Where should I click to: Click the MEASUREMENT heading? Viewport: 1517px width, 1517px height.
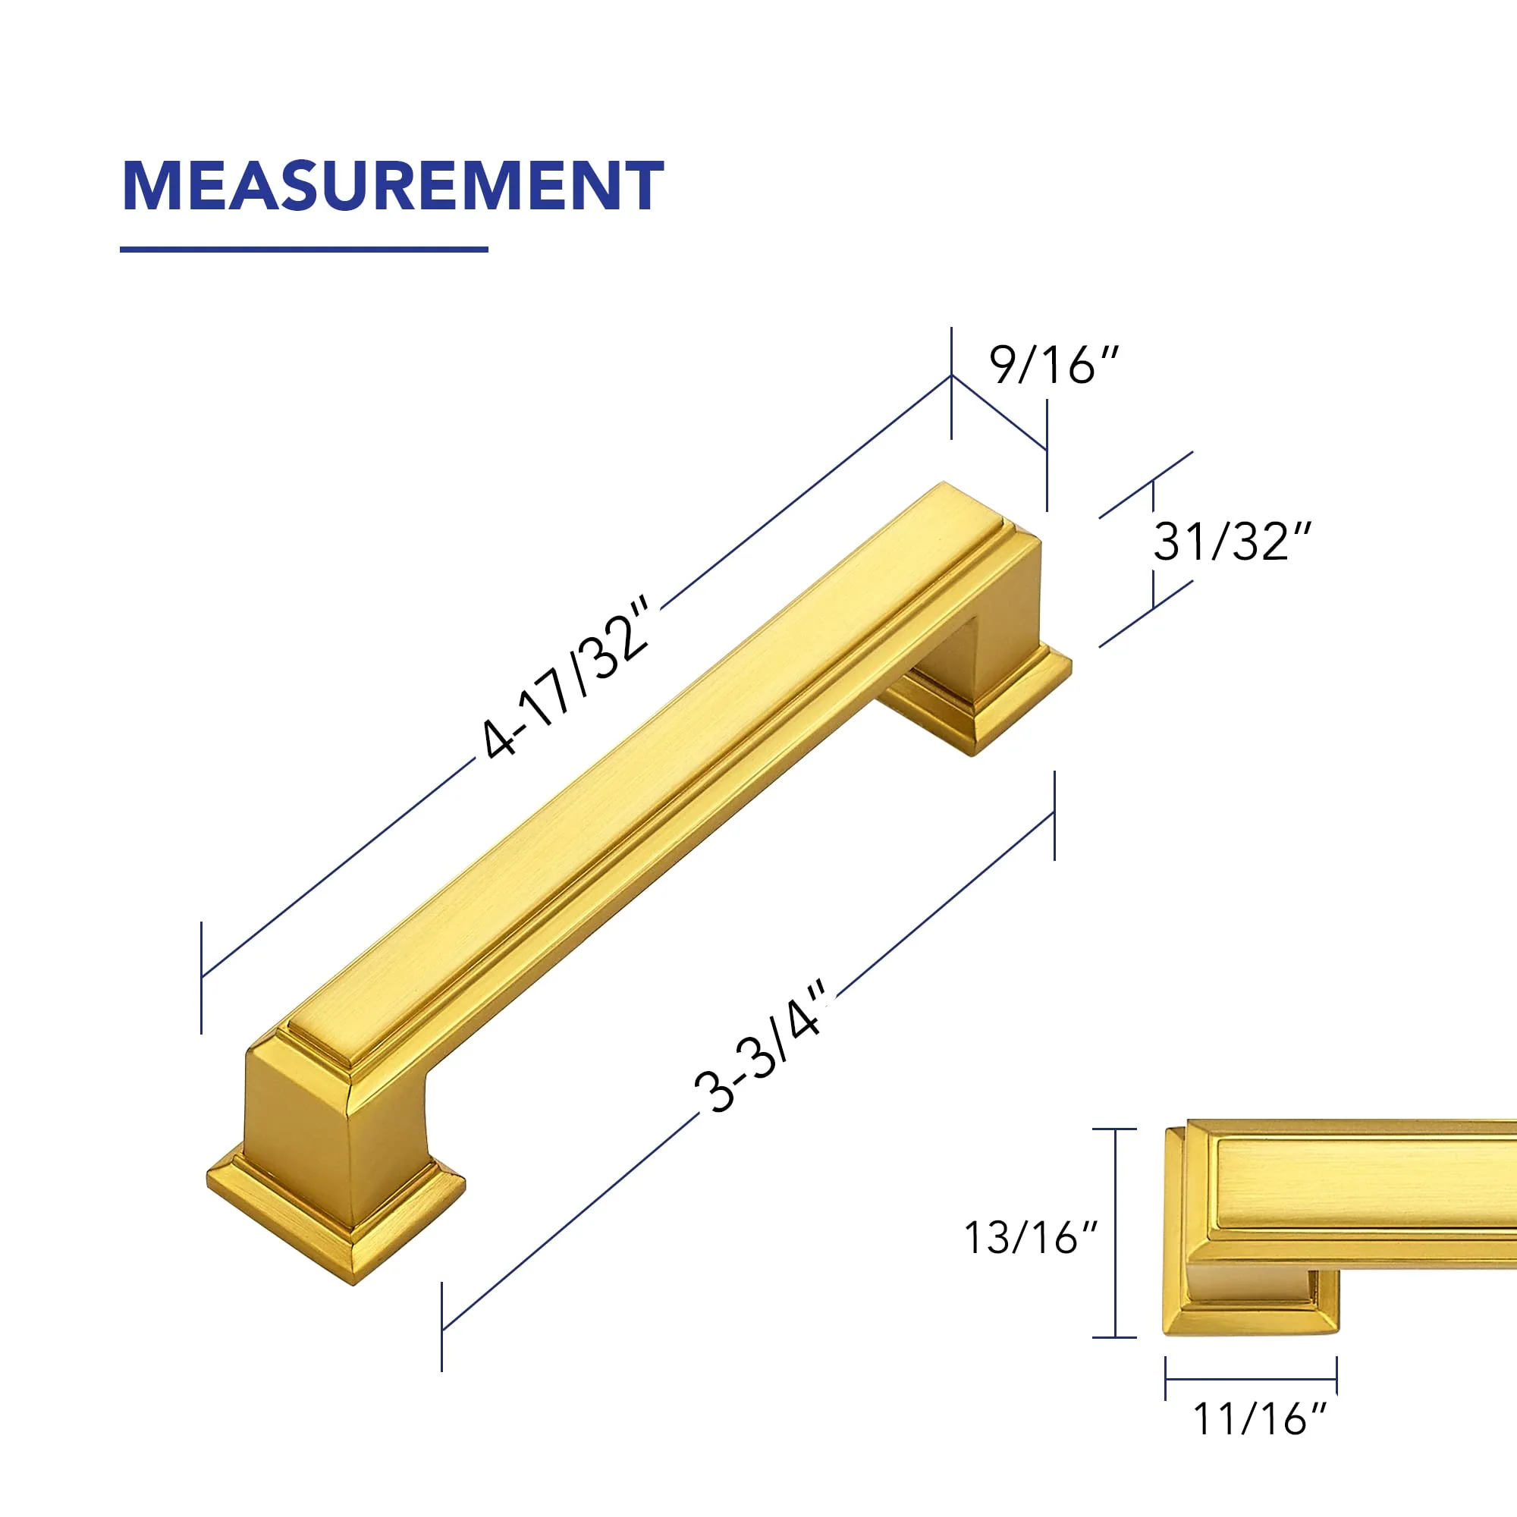coord(394,185)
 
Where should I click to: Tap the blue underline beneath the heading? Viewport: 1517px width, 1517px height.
coord(304,250)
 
